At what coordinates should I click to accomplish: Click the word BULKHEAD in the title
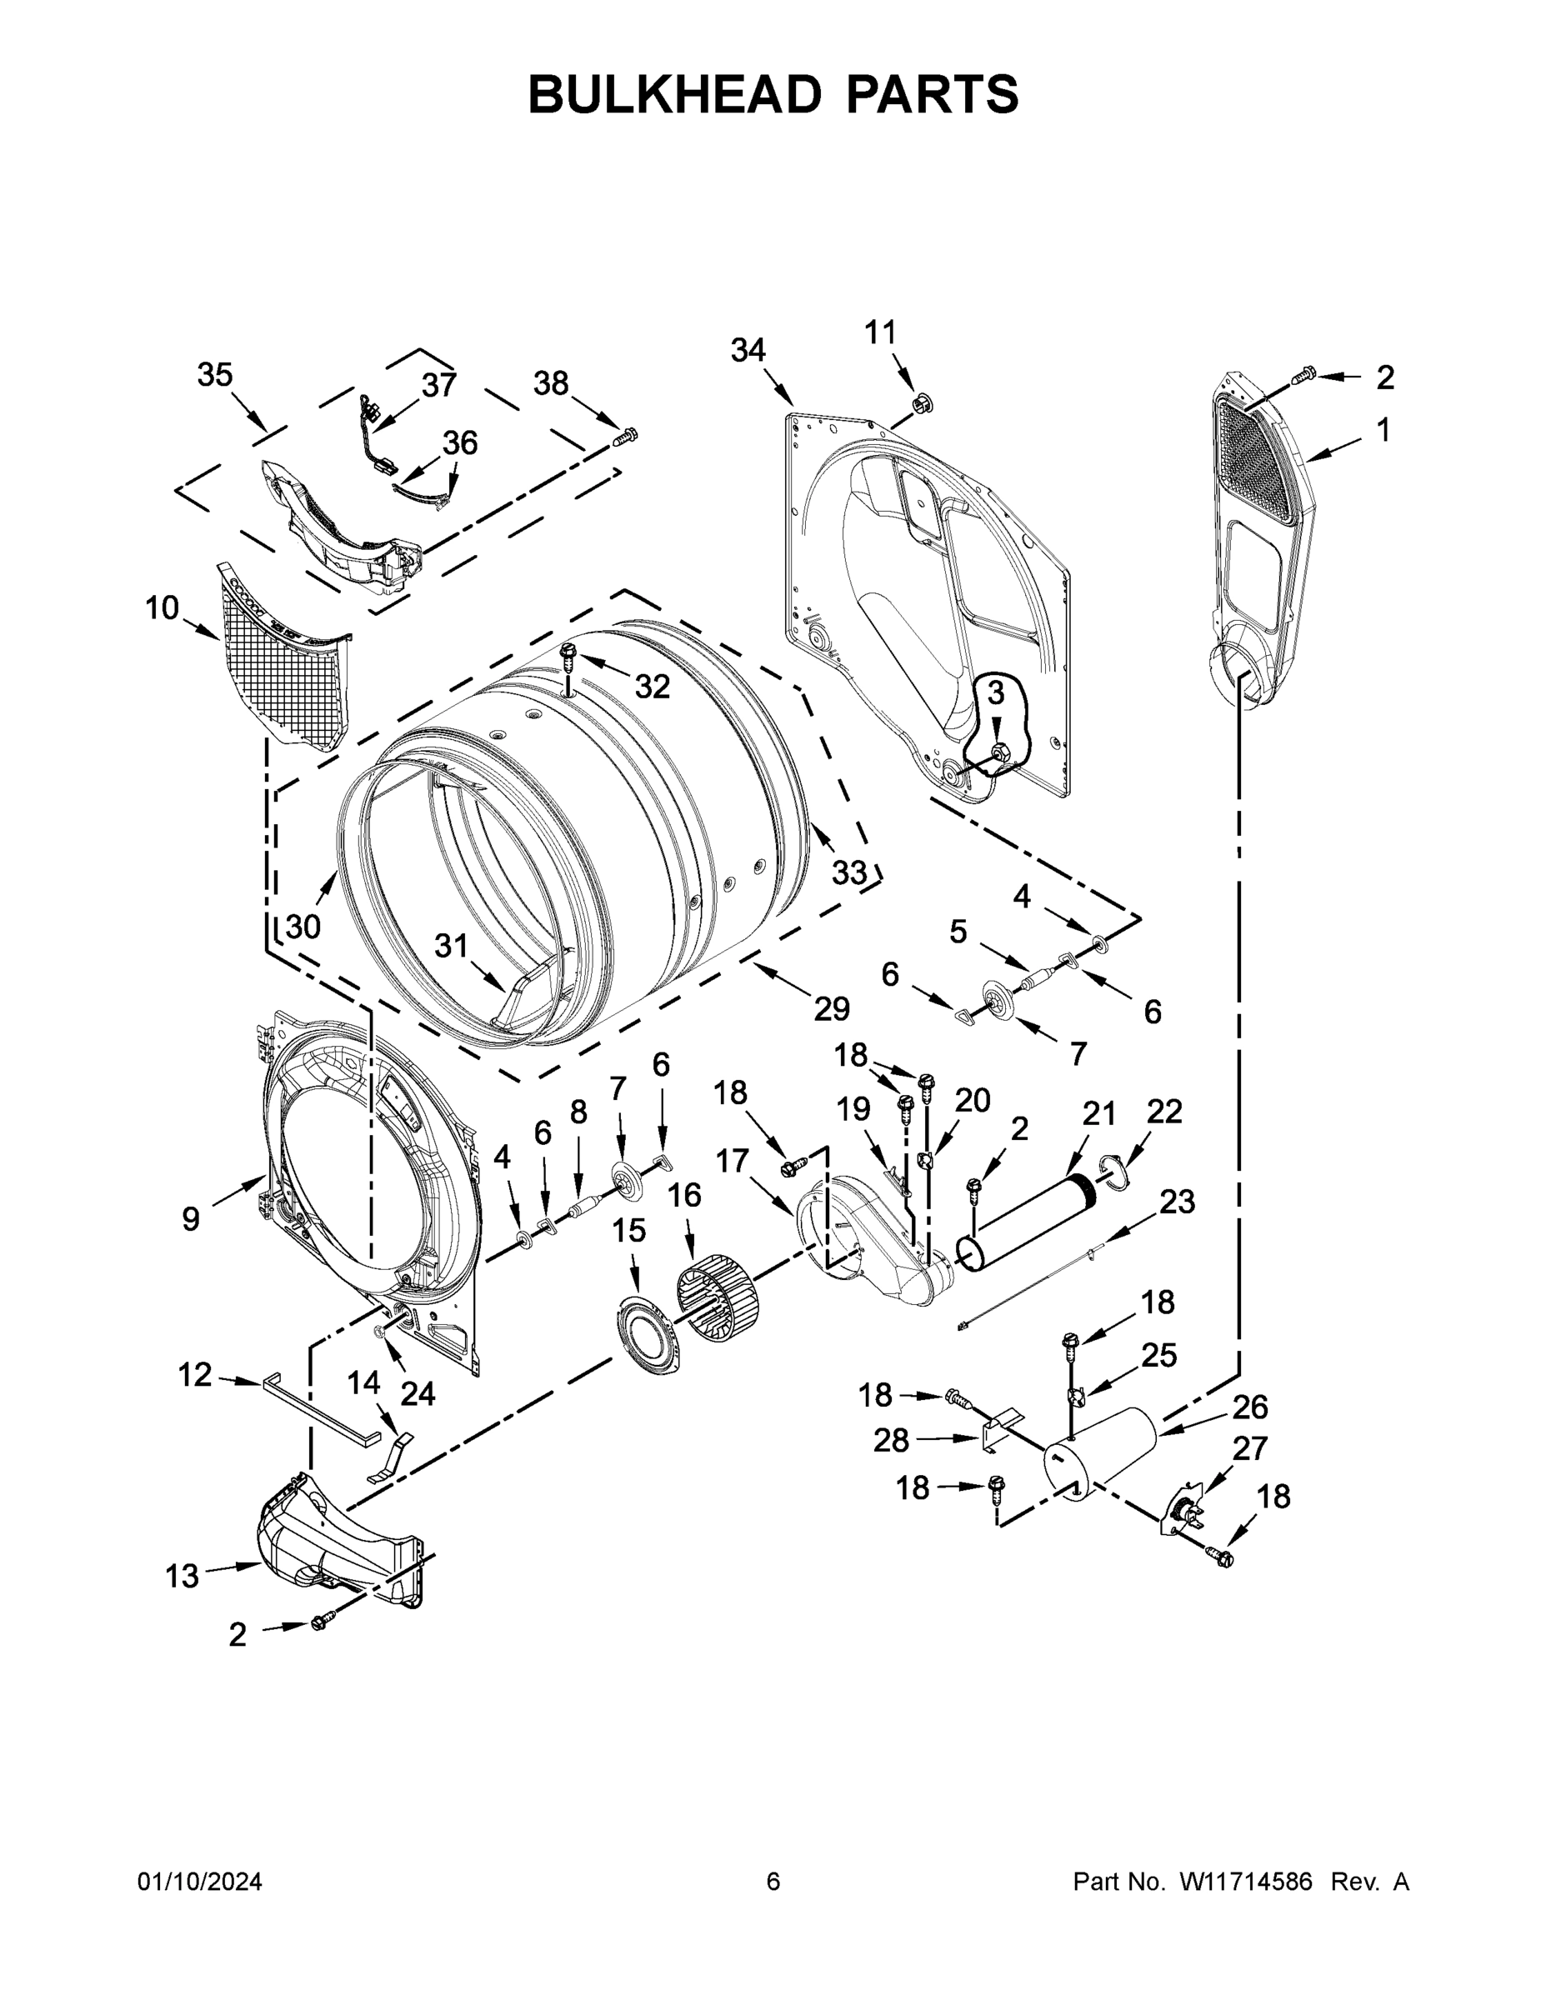coord(674,94)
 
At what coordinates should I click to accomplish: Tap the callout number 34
coord(748,350)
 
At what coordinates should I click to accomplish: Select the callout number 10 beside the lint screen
coord(163,608)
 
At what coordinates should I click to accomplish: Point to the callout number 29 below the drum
coord(832,1008)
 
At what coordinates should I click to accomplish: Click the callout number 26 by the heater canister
coord(1249,1407)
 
